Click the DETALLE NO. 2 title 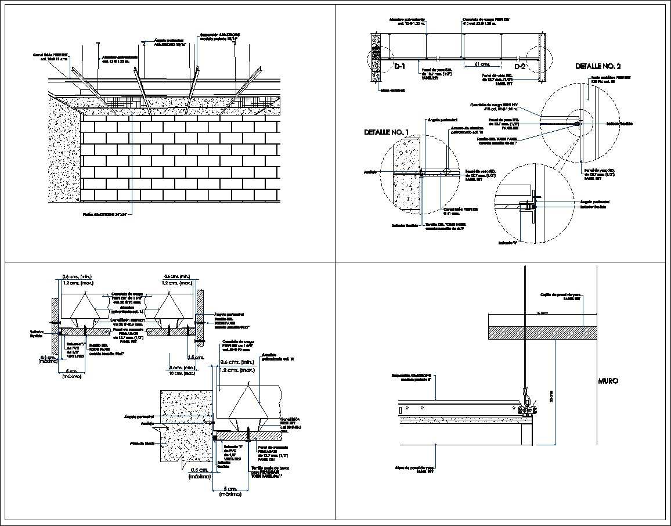[598, 66]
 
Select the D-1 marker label [400, 67]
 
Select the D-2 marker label [519, 67]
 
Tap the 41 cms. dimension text [482, 64]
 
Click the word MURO [608, 381]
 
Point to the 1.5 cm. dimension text [196, 358]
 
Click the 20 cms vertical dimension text [551, 396]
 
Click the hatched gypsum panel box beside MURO [542, 332]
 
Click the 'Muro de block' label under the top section [390, 90]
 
